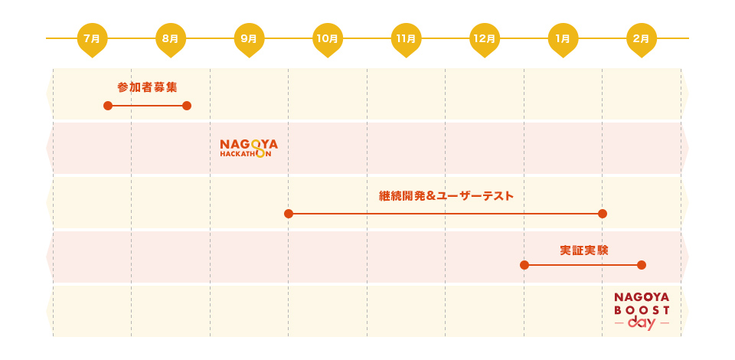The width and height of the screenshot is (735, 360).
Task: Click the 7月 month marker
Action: tap(92, 38)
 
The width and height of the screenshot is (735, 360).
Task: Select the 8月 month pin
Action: tap(171, 38)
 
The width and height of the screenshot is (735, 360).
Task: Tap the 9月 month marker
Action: tap(249, 38)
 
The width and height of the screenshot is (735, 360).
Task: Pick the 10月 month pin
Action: tap(328, 38)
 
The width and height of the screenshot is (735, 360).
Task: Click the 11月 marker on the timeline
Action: tap(406, 38)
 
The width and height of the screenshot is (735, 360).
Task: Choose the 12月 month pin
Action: tap(485, 38)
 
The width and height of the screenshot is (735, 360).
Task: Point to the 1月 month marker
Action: tap(563, 38)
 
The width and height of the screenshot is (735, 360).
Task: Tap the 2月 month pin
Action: tap(642, 38)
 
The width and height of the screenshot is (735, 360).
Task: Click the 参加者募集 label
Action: tap(147, 87)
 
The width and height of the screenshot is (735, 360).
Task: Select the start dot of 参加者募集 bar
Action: tap(108, 106)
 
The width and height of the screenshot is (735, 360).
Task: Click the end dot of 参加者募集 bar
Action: tap(187, 106)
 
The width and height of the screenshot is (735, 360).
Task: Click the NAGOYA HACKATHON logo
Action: tap(249, 148)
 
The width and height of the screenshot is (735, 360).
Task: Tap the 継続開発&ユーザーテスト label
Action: tap(446, 196)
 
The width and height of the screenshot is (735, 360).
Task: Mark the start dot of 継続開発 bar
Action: tap(289, 214)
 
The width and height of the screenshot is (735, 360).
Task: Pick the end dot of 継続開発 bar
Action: tap(603, 214)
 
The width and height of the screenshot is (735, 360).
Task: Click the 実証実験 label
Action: tap(583, 250)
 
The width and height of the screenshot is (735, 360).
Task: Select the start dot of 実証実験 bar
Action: tap(524, 265)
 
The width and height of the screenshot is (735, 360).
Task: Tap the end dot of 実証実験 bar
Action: tap(642, 265)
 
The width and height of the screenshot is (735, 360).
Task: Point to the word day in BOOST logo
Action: tap(642, 323)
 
